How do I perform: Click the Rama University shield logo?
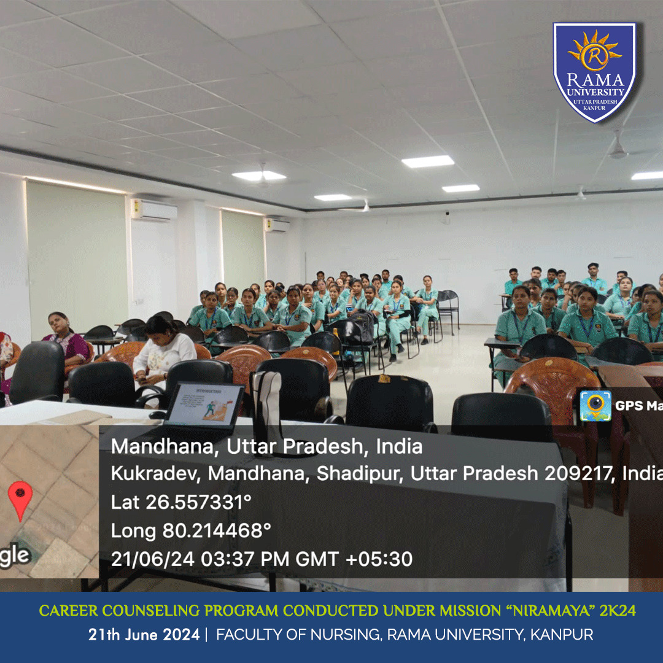(594, 72)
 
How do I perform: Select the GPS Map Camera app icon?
(595, 406)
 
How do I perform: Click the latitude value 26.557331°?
(198, 502)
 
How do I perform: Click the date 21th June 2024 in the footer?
(144, 635)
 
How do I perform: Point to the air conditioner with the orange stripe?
(154, 210)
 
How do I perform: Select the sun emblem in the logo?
(594, 52)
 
